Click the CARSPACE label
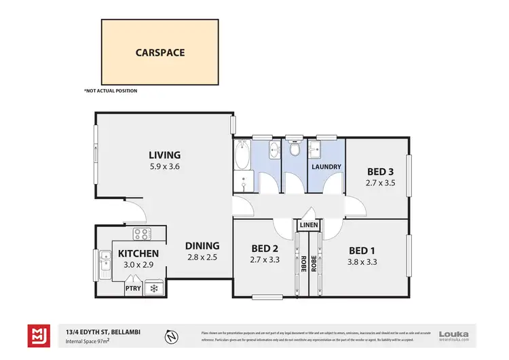(x=160, y=51)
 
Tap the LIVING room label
(x=165, y=155)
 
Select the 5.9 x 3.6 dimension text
(x=165, y=166)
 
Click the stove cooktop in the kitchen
(x=143, y=234)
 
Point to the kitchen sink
(x=105, y=259)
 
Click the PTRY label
(x=133, y=288)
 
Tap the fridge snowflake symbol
(x=153, y=288)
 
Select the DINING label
(x=203, y=246)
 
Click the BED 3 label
(x=381, y=171)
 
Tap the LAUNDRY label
(x=326, y=166)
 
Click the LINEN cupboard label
(x=309, y=224)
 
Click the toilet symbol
(x=294, y=147)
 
